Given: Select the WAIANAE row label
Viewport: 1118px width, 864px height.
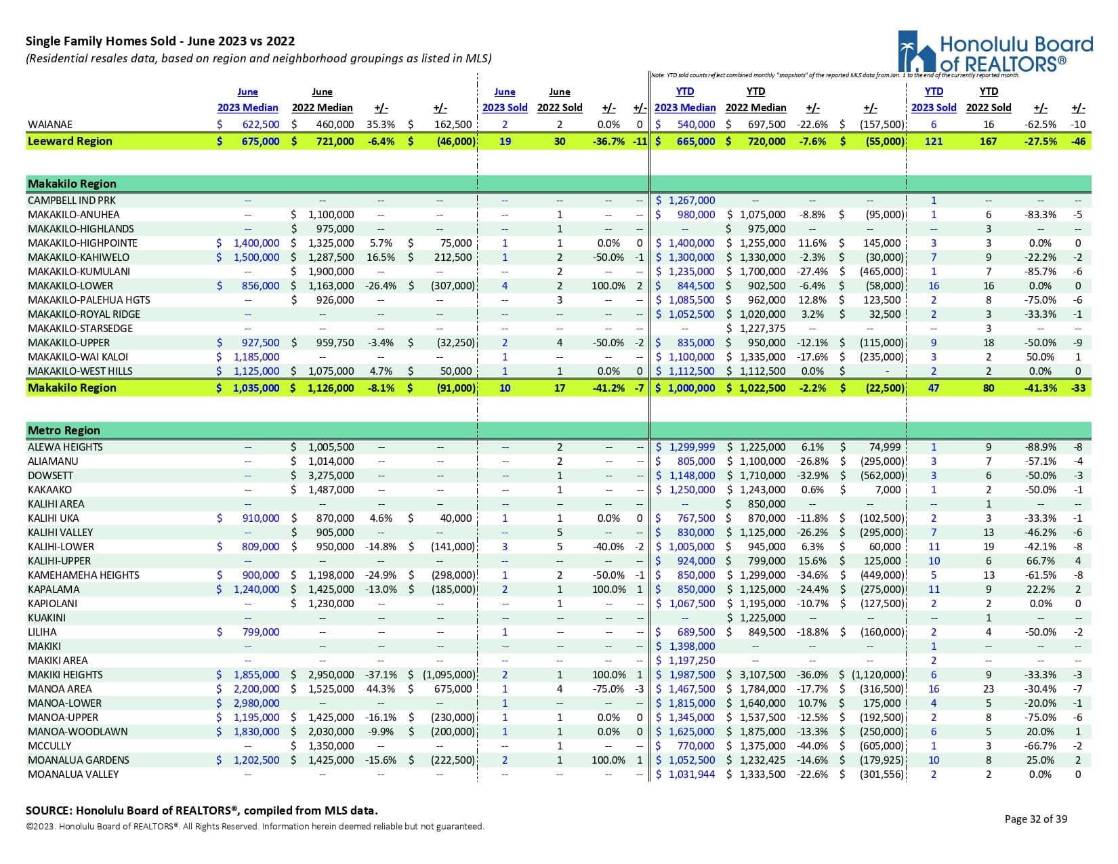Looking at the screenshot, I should [50, 125].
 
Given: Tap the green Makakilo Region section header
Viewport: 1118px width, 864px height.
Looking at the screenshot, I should [72, 184].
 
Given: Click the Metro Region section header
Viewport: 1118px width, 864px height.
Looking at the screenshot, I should [64, 430].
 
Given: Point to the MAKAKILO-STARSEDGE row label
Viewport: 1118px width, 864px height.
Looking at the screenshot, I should [80, 329].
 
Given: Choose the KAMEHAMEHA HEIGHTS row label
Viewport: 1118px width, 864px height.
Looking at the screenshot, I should [83, 575].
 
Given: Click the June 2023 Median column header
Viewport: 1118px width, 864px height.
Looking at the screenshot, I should [247, 100].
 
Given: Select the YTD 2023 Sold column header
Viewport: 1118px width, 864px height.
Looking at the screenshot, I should [933, 100].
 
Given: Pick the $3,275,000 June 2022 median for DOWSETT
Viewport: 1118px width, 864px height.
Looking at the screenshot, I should [331, 476].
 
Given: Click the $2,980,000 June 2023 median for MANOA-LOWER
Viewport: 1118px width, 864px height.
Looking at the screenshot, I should [256, 703].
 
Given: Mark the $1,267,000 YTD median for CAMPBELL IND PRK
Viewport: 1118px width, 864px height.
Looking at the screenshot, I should [691, 201].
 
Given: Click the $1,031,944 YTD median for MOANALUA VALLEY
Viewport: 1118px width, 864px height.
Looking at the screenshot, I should [691, 775].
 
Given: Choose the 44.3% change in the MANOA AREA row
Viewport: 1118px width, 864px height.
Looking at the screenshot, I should [380, 689].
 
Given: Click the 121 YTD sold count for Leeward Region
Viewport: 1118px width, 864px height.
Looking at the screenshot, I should [933, 142].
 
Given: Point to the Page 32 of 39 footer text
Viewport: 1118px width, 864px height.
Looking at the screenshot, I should [1035, 819].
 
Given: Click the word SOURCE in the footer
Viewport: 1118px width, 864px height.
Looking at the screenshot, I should [48, 810].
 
